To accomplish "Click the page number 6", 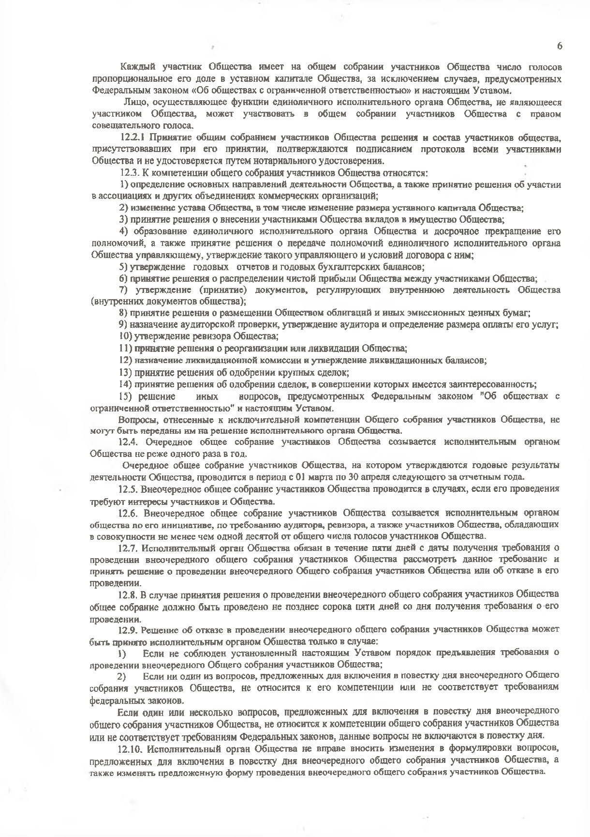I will [560, 46].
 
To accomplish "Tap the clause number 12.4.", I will [129, 442].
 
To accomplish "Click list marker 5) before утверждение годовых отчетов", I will [123, 267].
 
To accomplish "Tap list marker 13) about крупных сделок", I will [125, 372].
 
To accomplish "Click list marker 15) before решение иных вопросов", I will [125, 396].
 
